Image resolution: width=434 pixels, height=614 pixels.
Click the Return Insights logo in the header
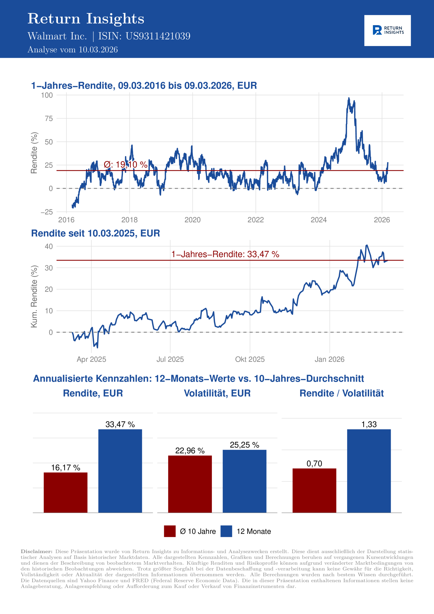point(387,30)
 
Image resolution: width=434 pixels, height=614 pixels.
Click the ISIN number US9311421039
point(158,36)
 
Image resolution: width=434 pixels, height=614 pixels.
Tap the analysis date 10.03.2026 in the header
point(98,50)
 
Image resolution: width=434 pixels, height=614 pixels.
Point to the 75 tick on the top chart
point(49,118)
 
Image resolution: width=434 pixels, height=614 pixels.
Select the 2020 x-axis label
point(193,220)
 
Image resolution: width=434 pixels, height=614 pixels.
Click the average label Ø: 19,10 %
point(125,165)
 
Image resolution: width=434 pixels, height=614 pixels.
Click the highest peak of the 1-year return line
point(349,98)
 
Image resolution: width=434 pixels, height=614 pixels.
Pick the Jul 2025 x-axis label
point(170,359)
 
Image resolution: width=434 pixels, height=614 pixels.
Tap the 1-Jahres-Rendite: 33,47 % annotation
point(225,254)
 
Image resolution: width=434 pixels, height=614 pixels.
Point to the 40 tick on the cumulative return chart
point(49,246)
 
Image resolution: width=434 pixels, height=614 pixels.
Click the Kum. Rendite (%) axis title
point(34,296)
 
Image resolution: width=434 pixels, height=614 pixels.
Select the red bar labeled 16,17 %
point(65,492)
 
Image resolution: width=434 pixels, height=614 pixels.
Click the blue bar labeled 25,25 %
point(244,481)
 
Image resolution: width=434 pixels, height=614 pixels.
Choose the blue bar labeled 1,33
point(369,471)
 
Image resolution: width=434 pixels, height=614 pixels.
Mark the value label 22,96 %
point(190,451)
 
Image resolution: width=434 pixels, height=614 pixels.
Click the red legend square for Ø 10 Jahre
point(170,531)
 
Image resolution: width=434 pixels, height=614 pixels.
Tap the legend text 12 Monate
point(253,531)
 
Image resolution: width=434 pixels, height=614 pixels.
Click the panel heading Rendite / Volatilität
point(341,393)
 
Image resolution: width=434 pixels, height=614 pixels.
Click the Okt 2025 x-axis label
point(250,359)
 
